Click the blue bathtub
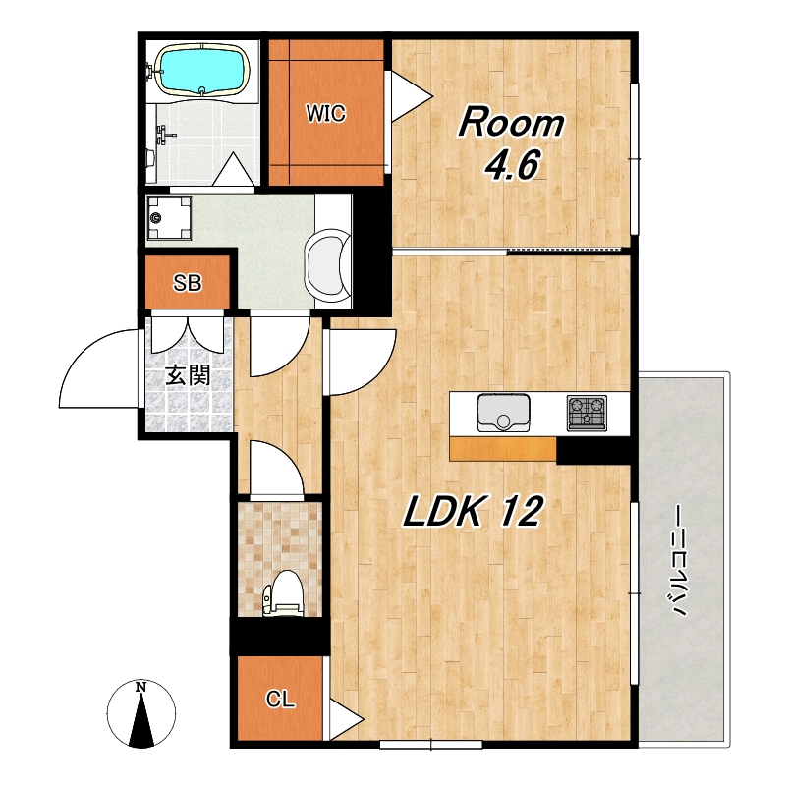[x=203, y=70]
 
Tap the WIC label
[x=326, y=113]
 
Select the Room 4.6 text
[x=511, y=142]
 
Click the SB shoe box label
[x=188, y=283]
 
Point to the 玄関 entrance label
[x=188, y=375]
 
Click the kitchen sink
[x=503, y=413]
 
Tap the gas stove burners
[x=587, y=413]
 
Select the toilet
[x=283, y=593]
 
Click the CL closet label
[x=280, y=699]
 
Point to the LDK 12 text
[x=474, y=511]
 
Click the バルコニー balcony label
[x=679, y=559]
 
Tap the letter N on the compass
[x=140, y=687]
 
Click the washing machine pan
[x=169, y=217]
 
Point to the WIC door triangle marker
[x=411, y=95]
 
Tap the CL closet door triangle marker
[x=346, y=719]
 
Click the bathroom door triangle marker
[x=233, y=169]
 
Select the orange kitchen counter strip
[x=503, y=449]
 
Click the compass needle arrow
[x=140, y=721]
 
